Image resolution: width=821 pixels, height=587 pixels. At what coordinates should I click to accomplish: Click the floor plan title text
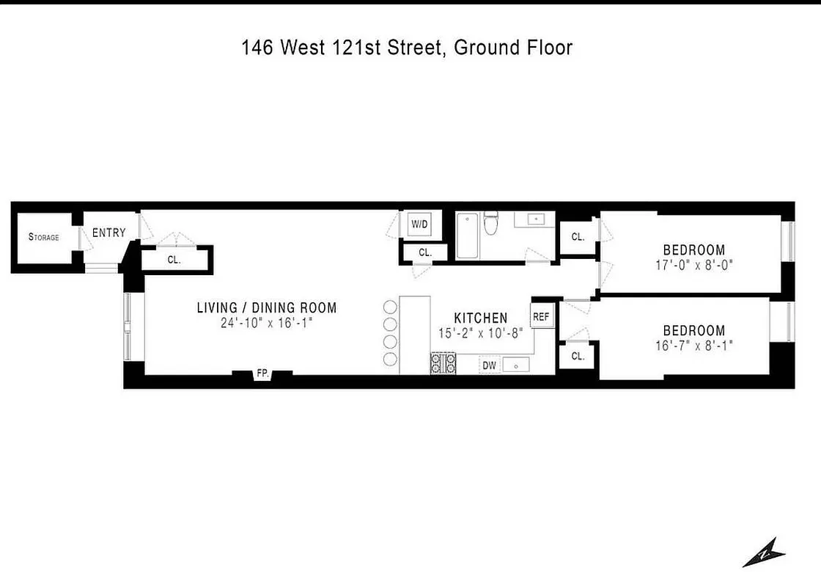[x=407, y=48]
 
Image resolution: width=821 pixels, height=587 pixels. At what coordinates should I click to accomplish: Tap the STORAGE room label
[x=43, y=237]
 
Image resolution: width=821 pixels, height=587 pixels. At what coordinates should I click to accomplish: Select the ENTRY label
[x=108, y=233]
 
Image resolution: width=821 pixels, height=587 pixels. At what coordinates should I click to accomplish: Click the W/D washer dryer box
[x=419, y=224]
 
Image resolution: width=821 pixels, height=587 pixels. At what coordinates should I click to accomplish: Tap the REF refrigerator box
[x=541, y=317]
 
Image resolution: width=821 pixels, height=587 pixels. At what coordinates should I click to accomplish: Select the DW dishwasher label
[x=488, y=365]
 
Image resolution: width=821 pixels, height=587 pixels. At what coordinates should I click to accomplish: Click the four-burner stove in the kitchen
[x=443, y=364]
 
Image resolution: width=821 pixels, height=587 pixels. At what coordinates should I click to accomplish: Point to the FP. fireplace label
[x=262, y=374]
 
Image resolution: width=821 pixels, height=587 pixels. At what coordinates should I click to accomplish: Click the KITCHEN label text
[x=481, y=318]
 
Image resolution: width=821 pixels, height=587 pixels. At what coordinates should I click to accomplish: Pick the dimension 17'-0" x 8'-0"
[x=694, y=265]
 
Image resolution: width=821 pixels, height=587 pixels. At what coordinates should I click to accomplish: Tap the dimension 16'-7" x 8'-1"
[x=694, y=346]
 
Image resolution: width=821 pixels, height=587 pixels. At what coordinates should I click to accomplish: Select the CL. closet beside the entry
[x=174, y=260]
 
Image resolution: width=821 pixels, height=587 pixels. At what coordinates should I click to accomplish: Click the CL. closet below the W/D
[x=425, y=253]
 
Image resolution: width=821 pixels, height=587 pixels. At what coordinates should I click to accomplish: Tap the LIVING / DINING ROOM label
[x=267, y=308]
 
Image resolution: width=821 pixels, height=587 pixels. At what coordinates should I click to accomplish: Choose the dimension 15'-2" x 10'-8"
[x=481, y=332]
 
